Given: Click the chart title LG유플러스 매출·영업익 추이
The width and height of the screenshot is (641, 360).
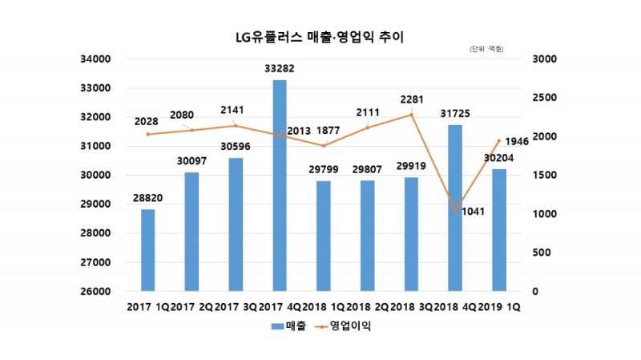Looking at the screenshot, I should [320, 37].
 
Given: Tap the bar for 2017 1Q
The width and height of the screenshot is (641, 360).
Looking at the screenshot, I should [148, 249].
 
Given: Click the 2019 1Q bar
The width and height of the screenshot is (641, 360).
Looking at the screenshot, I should [498, 229].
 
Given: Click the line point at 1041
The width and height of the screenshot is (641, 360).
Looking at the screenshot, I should [455, 211].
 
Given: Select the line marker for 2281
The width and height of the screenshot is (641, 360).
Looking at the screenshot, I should [411, 115].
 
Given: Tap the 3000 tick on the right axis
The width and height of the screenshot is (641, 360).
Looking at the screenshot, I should [533, 59].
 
